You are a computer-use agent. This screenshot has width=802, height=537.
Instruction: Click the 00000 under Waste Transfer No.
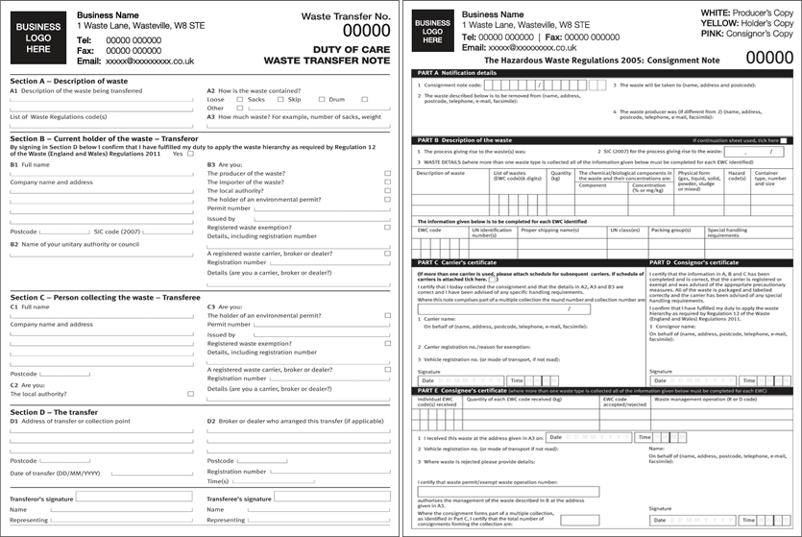(367, 31)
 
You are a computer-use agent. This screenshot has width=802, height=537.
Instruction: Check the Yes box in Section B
(190, 154)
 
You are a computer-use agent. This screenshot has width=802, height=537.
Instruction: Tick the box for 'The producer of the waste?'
(387, 173)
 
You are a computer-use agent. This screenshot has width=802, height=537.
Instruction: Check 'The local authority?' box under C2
(190, 394)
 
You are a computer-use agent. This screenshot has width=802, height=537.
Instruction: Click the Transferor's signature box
(134, 498)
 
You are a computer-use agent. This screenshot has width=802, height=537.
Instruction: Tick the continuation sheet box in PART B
(784, 140)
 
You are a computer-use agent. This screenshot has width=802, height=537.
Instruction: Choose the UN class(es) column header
(624, 231)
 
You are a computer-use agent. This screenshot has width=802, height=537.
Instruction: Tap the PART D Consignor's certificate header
(692, 262)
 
